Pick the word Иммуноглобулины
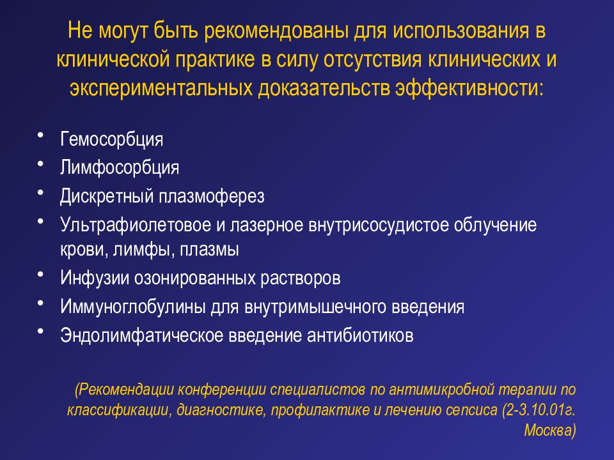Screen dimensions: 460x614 (133, 307)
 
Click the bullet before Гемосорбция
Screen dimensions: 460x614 (41, 136)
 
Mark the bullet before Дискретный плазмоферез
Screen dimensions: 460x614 (41, 192)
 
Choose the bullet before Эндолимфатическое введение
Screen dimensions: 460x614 (41, 331)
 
